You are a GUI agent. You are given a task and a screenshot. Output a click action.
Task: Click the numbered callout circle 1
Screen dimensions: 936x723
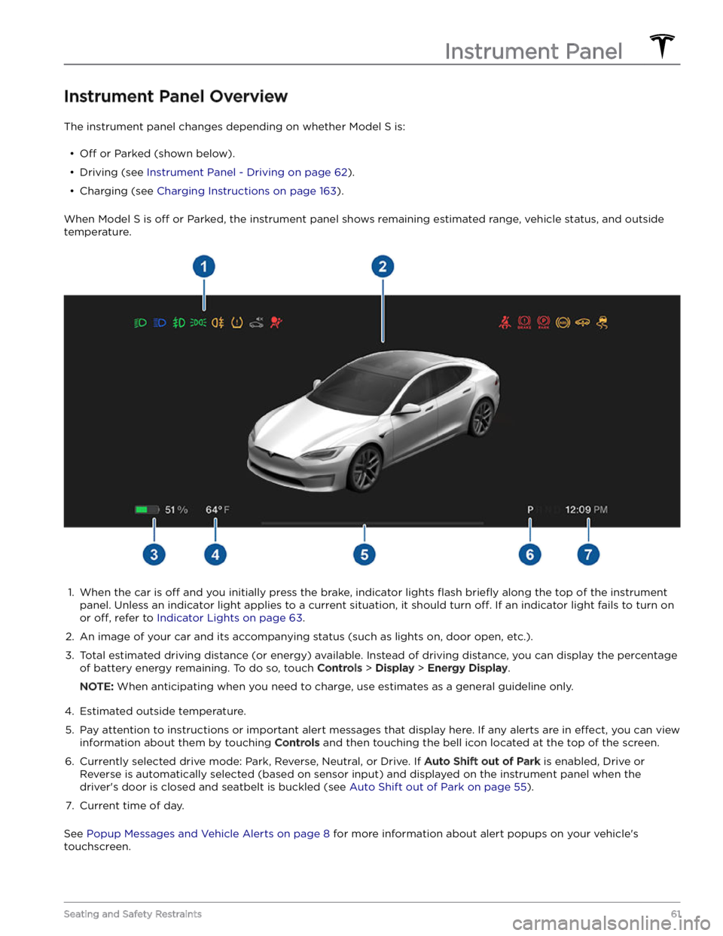pyautogui.click(x=203, y=266)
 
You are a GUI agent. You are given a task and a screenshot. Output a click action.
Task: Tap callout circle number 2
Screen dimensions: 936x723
pyautogui.click(x=383, y=266)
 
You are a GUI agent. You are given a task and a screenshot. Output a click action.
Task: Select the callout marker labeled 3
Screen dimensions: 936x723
pyautogui.click(x=154, y=555)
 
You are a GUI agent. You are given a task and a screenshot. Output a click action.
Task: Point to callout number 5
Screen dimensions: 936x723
pyautogui.click(x=364, y=555)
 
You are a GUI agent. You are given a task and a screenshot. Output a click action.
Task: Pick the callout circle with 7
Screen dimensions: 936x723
pyautogui.click(x=588, y=555)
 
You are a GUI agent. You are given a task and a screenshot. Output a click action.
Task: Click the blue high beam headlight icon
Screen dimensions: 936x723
pyautogui.click(x=160, y=323)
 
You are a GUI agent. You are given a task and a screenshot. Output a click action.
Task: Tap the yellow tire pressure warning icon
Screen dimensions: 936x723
pyautogui.click(x=237, y=323)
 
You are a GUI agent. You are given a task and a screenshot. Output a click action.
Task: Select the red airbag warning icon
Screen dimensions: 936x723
pyautogui.click(x=276, y=323)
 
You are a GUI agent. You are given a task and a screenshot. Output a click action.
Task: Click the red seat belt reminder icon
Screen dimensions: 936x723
pyautogui.click(x=505, y=323)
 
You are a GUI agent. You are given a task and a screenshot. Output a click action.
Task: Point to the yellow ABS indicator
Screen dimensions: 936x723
pyautogui.click(x=563, y=323)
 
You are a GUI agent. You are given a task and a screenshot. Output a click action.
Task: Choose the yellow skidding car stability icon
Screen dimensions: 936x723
pyautogui.click(x=602, y=323)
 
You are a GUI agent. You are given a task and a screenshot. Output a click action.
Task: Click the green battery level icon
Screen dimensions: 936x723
pyautogui.click(x=146, y=510)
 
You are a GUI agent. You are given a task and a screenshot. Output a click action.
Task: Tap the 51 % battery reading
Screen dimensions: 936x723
pyautogui.click(x=176, y=510)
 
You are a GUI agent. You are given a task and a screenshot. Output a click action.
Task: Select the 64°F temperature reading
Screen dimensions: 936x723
pyautogui.click(x=217, y=510)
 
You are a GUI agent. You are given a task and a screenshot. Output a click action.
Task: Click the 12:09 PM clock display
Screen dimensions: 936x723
pyautogui.click(x=586, y=510)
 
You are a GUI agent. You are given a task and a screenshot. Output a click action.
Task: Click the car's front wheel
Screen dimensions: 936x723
pyautogui.click(x=364, y=468)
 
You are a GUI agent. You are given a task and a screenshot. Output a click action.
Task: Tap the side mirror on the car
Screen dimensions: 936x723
pyautogui.click(x=409, y=409)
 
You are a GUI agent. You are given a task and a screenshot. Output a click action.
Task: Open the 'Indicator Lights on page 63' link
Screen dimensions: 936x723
pyautogui.click(x=230, y=618)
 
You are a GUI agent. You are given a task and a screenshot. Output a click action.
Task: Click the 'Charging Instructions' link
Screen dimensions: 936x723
pyautogui.click(x=246, y=191)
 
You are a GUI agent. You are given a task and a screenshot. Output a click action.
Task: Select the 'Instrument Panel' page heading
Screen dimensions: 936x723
pyautogui.click(x=533, y=51)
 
